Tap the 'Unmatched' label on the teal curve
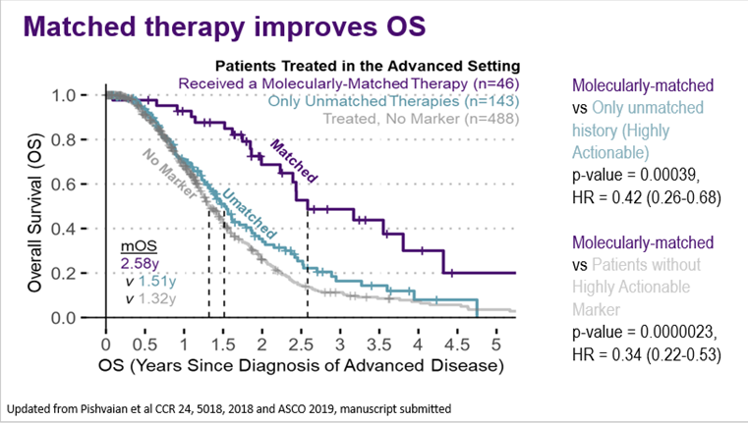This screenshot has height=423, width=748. tap(247, 214)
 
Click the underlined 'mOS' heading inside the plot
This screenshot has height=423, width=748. tap(133, 246)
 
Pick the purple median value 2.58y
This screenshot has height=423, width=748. tap(138, 263)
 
